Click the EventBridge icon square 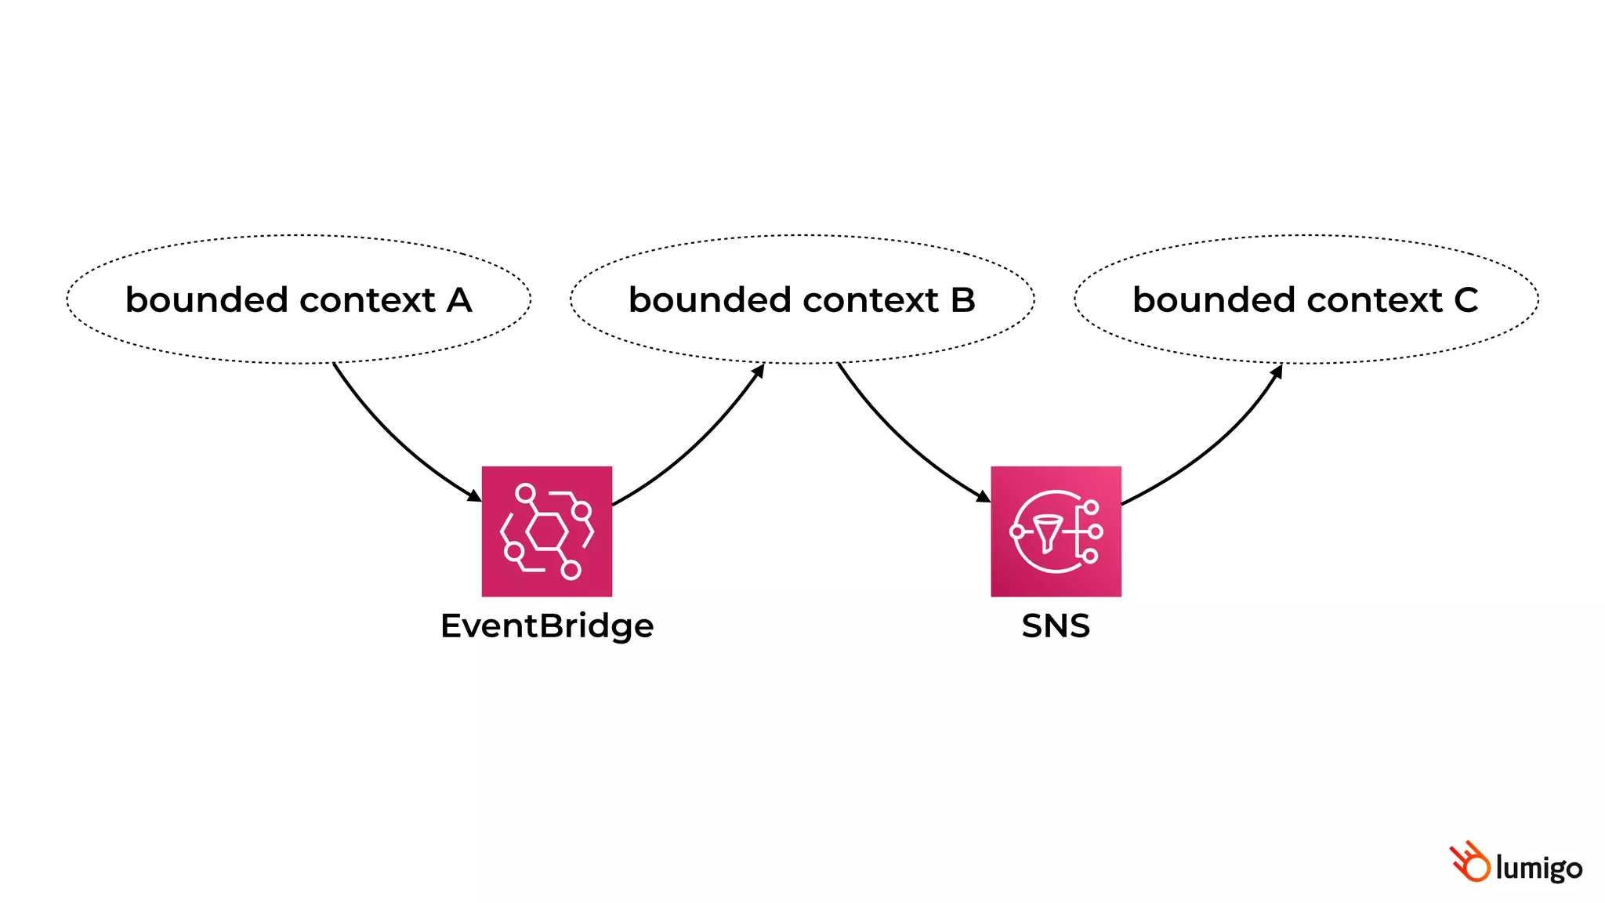[x=546, y=531]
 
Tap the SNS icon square [x=1056, y=531]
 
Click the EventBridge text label [x=546, y=626]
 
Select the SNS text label [x=1056, y=626]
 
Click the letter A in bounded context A [x=459, y=300]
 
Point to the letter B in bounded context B [x=963, y=300]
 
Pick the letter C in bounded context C [x=1466, y=300]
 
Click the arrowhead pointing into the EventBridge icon [x=474, y=495]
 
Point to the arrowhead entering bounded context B [x=759, y=370]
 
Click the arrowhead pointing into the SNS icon [x=984, y=496]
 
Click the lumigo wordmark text [x=1538, y=869]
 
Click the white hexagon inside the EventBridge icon [x=546, y=532]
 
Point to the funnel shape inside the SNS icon [x=1047, y=533]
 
